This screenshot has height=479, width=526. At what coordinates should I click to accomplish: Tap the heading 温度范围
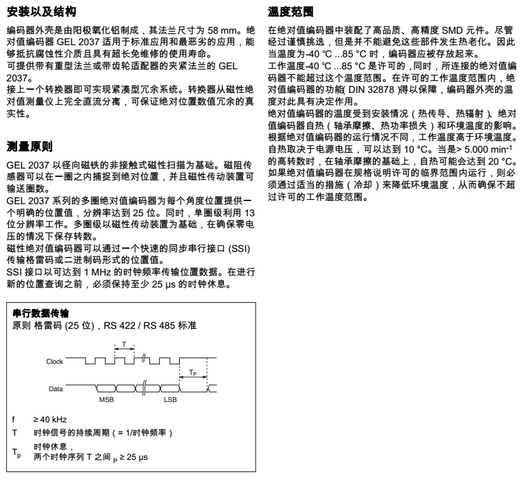point(291,11)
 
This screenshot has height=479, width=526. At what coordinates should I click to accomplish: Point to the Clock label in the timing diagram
point(55,361)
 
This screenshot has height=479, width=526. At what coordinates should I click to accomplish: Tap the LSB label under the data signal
point(169,401)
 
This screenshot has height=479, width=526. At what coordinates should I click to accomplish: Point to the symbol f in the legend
point(14,420)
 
